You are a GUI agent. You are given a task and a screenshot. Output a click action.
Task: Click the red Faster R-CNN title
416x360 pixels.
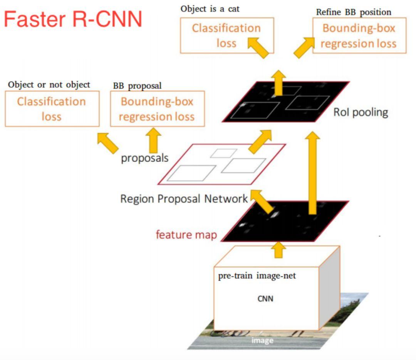click(73, 19)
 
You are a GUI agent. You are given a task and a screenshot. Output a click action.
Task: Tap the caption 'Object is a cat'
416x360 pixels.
click(210, 9)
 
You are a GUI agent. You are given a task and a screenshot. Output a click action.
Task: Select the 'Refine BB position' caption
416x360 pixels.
click(354, 12)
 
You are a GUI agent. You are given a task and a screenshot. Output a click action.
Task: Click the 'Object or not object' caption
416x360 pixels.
click(49, 85)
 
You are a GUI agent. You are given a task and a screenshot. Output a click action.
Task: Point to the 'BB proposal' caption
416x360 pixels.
click(137, 86)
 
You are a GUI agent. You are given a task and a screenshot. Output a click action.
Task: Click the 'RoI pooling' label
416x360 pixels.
click(361, 112)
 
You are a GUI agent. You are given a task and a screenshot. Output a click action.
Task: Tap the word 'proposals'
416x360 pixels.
click(144, 158)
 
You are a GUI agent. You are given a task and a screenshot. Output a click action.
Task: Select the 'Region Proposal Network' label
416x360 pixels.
click(184, 199)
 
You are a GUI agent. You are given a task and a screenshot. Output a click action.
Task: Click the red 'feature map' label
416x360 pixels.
click(186, 235)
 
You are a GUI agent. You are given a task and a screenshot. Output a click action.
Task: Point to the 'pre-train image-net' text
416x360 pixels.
click(257, 276)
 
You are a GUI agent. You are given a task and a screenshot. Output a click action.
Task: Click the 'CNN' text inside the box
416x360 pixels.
click(265, 299)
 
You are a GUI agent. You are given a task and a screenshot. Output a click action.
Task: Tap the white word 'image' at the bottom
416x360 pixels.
click(262, 340)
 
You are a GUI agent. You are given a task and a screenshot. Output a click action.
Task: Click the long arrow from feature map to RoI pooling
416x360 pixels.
click(313, 173)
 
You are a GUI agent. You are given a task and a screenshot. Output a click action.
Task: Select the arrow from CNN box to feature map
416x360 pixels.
click(278, 249)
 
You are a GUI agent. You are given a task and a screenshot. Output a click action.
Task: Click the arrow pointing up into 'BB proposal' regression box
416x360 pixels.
click(153, 140)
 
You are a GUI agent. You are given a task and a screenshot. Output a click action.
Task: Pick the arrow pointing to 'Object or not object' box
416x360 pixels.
click(108, 143)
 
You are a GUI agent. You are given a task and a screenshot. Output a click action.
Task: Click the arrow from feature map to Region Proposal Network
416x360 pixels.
click(262, 202)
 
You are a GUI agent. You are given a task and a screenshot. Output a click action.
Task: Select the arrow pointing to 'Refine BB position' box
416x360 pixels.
click(304, 47)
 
